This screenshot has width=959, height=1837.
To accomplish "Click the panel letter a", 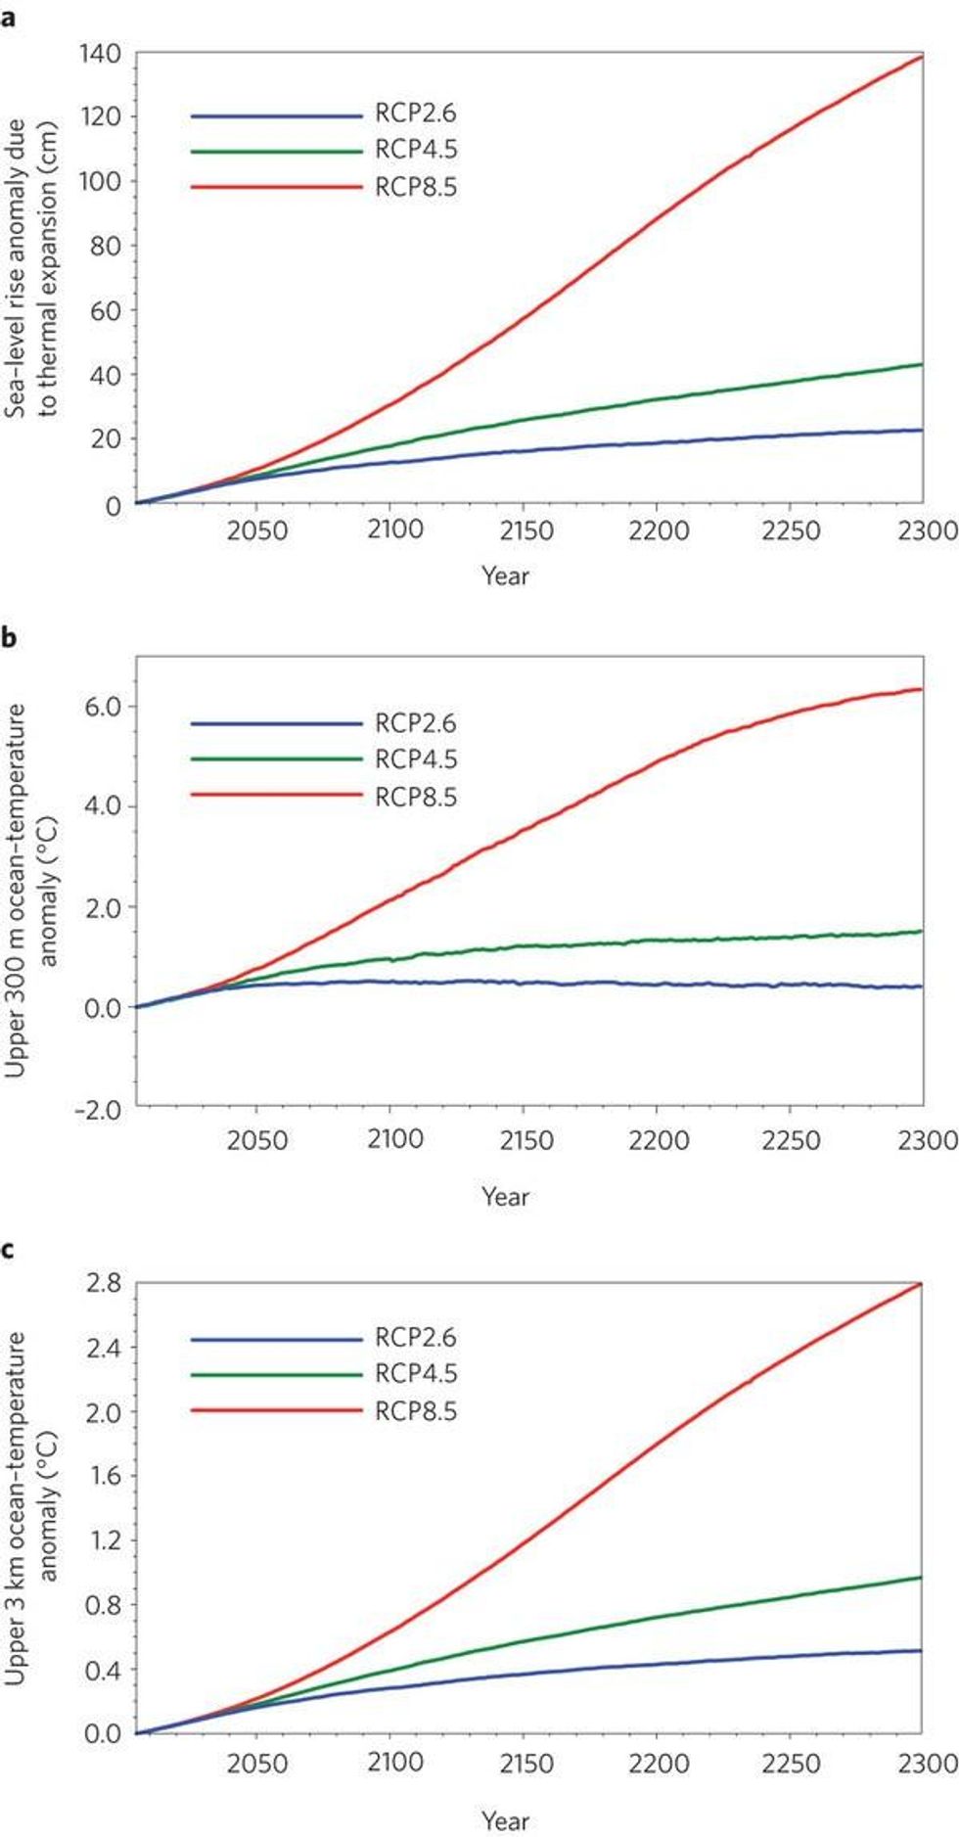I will [x=8, y=18].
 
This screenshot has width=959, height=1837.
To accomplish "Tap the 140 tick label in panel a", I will [x=101, y=54].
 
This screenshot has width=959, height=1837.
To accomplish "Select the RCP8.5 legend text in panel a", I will [x=416, y=187].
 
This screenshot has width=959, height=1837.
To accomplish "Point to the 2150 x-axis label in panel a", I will [x=525, y=531].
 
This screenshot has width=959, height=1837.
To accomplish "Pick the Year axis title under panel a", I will [x=505, y=575].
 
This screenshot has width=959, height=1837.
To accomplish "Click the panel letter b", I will [x=9, y=638].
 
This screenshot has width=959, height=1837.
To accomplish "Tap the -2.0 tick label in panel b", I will [x=97, y=1110].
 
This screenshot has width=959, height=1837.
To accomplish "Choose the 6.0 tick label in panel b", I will [x=102, y=707].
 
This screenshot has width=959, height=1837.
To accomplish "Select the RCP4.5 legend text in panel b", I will [x=416, y=759].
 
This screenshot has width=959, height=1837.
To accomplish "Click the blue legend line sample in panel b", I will [x=276, y=724].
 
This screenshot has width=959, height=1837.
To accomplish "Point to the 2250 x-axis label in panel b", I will [x=791, y=1140].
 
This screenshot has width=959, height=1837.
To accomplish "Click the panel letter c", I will [x=8, y=1250].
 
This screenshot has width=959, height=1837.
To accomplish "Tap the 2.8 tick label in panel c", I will [x=104, y=1283].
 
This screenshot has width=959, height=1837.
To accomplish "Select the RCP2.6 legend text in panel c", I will [x=416, y=1338].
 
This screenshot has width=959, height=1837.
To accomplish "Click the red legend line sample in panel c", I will [x=276, y=1410].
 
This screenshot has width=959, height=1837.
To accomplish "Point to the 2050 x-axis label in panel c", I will [x=257, y=1763].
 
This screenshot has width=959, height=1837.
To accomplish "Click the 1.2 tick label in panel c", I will [x=104, y=1540].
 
